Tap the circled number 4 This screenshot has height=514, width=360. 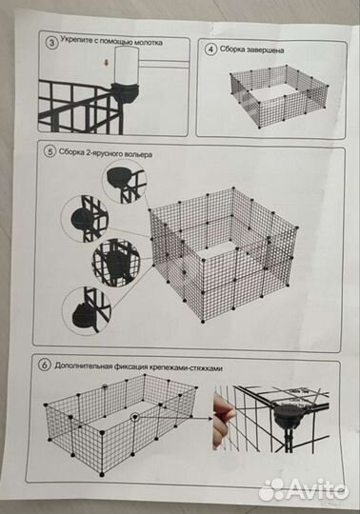click(211, 47)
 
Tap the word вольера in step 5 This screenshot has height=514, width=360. click(132, 151)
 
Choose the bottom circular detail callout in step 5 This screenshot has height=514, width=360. click(88, 310)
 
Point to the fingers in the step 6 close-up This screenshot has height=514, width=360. click(222, 420)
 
